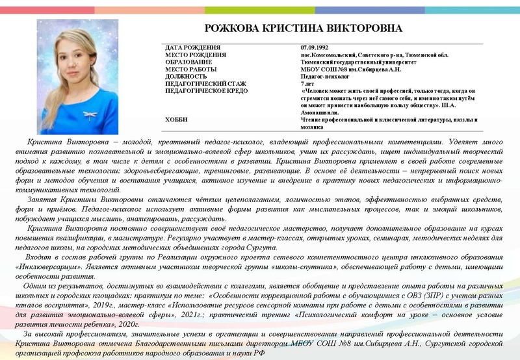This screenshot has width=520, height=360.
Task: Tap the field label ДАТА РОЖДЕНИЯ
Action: click(193, 48)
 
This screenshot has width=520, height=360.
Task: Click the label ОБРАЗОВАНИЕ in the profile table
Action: click(189, 62)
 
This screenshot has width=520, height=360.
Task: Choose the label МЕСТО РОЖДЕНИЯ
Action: click(196, 55)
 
